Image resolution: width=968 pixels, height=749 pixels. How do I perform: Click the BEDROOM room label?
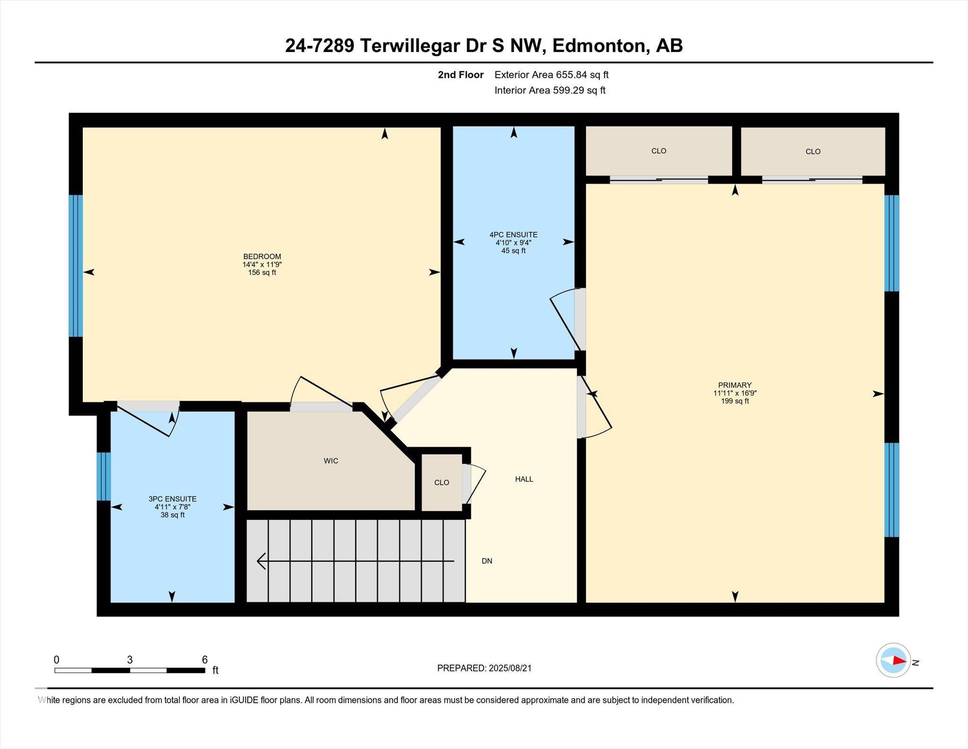(x=262, y=256)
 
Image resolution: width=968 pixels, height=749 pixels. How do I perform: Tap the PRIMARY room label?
(x=735, y=385)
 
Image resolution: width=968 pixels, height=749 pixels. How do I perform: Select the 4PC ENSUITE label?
(x=513, y=235)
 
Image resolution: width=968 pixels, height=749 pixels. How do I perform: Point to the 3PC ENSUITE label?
(x=173, y=499)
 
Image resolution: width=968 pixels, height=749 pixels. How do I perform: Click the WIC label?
(x=331, y=461)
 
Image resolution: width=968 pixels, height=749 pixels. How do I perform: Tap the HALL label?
(x=524, y=479)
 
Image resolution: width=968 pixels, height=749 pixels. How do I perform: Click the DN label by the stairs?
(x=487, y=561)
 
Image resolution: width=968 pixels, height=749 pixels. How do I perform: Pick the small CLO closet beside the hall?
(x=441, y=483)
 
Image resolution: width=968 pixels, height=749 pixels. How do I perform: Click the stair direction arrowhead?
(x=260, y=561)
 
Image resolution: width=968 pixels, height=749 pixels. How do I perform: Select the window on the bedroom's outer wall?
(x=76, y=266)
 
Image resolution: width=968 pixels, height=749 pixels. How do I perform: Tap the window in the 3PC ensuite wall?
(x=104, y=476)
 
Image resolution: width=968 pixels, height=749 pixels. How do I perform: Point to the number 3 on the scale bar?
(x=130, y=660)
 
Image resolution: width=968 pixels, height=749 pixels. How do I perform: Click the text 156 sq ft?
(x=262, y=273)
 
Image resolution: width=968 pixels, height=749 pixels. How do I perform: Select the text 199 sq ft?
(x=735, y=401)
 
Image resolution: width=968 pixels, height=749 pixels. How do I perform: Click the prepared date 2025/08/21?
(x=510, y=668)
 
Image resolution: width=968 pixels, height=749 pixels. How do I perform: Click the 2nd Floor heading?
(x=461, y=75)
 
